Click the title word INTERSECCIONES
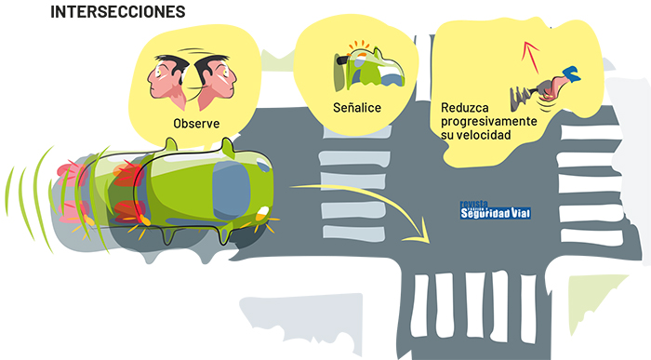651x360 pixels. (x=118, y=12)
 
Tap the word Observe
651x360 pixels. (x=196, y=124)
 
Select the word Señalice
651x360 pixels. (x=357, y=108)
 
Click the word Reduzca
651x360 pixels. (x=465, y=108)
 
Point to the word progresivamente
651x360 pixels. (x=489, y=122)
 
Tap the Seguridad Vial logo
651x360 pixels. (x=496, y=210)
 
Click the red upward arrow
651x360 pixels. (x=530, y=56)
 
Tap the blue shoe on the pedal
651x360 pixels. (x=571, y=73)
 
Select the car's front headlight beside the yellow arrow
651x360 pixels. (x=262, y=213)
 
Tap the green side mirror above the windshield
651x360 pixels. (x=228, y=146)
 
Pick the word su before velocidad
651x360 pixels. (x=447, y=136)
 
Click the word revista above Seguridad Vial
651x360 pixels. (x=473, y=204)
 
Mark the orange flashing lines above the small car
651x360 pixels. (x=359, y=46)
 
